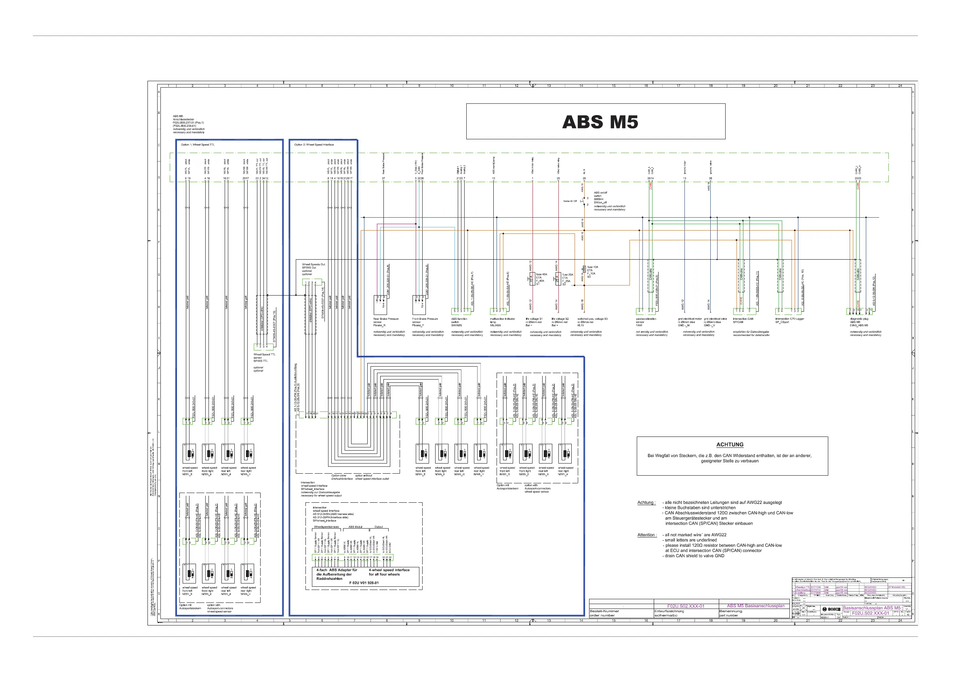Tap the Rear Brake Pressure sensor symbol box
380,305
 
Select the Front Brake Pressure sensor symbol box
419,305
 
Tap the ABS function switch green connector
461,311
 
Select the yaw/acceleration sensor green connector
646,311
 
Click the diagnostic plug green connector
860,311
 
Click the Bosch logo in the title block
831,609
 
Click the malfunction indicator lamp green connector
500,311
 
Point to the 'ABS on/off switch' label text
600,194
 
